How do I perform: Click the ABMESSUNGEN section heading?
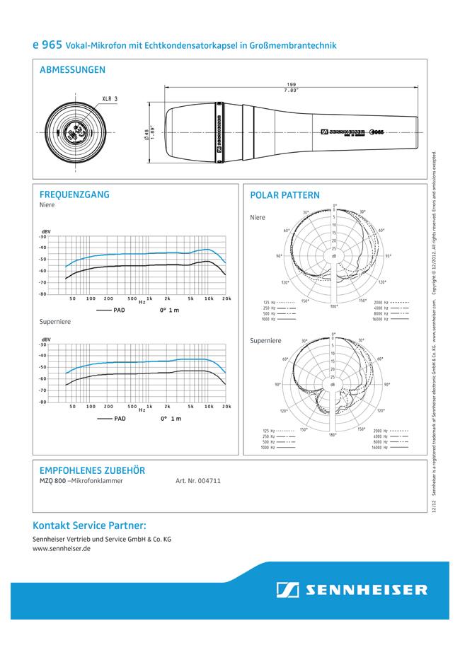click(73, 70)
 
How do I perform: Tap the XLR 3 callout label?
click(109, 98)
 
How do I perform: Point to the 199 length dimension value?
click(291, 86)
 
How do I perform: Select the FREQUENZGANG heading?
click(74, 195)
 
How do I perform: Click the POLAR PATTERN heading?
click(285, 195)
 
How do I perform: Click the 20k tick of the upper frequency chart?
click(226, 299)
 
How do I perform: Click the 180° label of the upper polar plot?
click(333, 306)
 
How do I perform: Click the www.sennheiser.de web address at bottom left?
click(62, 548)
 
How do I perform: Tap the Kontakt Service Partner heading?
click(89, 526)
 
